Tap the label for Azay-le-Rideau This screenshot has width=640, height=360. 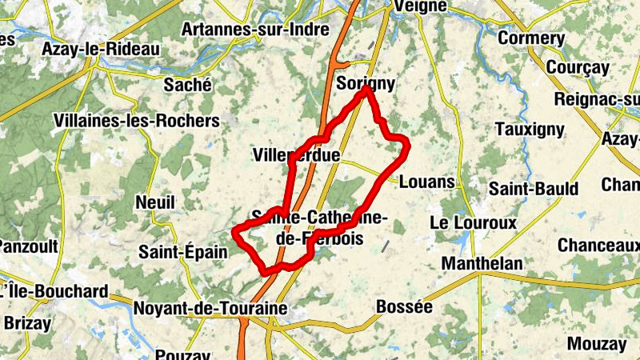(x=101, y=49)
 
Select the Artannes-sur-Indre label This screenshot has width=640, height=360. (x=255, y=30)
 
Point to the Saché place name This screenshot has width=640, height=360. (x=187, y=84)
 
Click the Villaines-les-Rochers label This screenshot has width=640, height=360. (x=136, y=121)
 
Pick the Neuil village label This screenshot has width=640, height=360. (x=155, y=202)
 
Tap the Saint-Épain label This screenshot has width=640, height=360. (x=183, y=252)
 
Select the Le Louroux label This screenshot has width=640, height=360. (x=474, y=222)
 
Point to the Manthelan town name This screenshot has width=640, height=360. (x=482, y=263)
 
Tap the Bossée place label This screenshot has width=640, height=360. (x=404, y=306)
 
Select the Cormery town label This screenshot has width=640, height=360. (x=531, y=38)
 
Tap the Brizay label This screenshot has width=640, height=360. (x=27, y=324)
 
